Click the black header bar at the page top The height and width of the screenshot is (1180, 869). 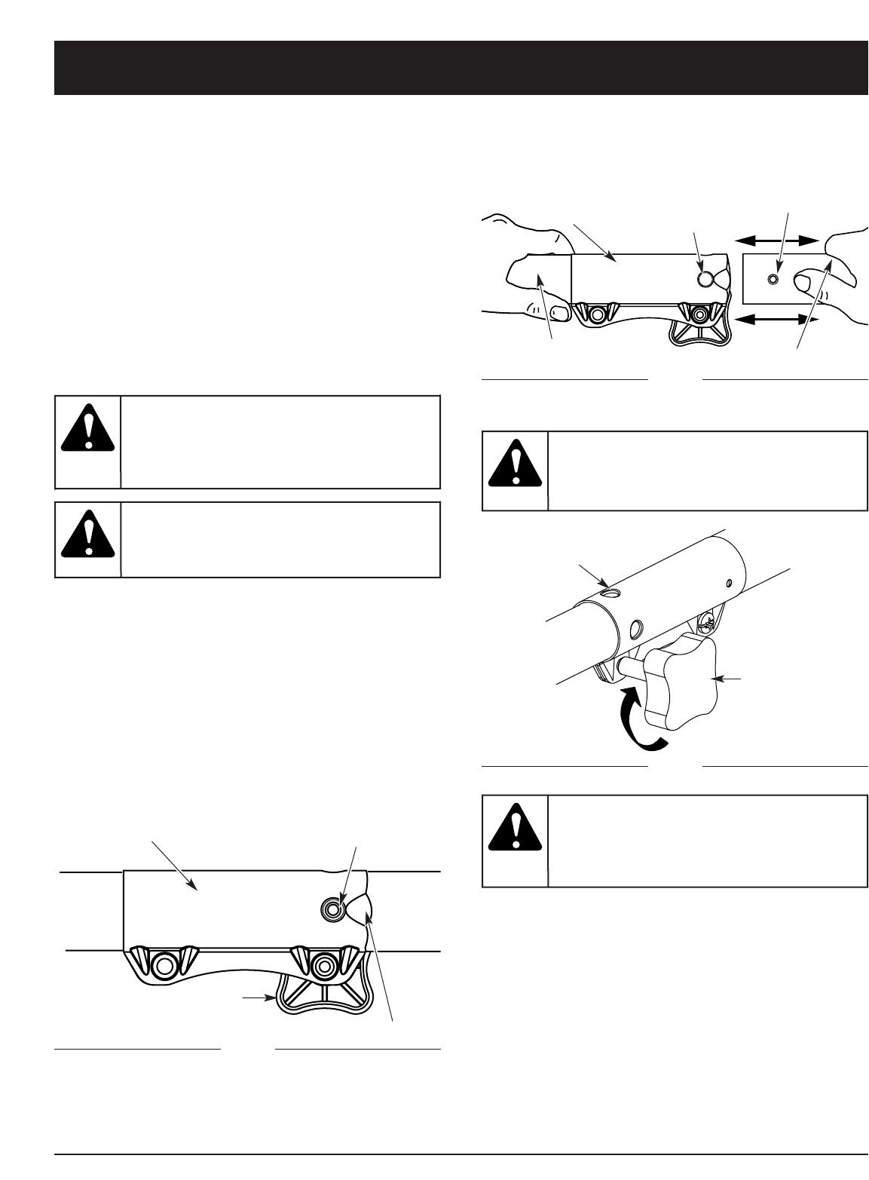point(461,68)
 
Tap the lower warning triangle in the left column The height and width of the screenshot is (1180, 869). point(87,532)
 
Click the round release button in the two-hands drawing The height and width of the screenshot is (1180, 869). point(705,279)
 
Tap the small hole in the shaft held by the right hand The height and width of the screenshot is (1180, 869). point(772,280)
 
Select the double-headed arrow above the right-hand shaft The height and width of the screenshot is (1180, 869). point(776,241)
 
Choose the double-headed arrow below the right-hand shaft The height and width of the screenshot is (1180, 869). point(776,320)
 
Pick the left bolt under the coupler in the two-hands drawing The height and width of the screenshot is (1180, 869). point(598,313)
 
